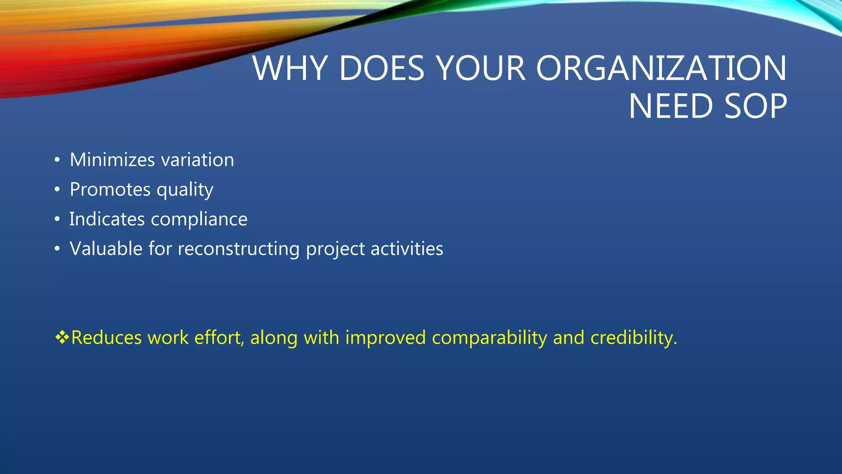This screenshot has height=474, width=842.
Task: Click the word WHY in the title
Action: [x=290, y=68]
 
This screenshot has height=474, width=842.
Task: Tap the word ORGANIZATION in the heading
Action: [x=661, y=68]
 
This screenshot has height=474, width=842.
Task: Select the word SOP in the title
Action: [x=755, y=107]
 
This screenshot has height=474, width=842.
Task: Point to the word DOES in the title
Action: [x=381, y=68]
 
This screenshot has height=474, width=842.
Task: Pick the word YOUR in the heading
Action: [x=480, y=68]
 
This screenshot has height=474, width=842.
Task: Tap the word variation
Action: [x=198, y=160]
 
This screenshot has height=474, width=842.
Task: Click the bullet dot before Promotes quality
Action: [x=57, y=190]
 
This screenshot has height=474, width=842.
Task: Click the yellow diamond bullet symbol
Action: [x=62, y=337]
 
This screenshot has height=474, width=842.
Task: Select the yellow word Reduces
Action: [x=106, y=338]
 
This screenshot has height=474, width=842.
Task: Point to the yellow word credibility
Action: [x=633, y=338]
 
